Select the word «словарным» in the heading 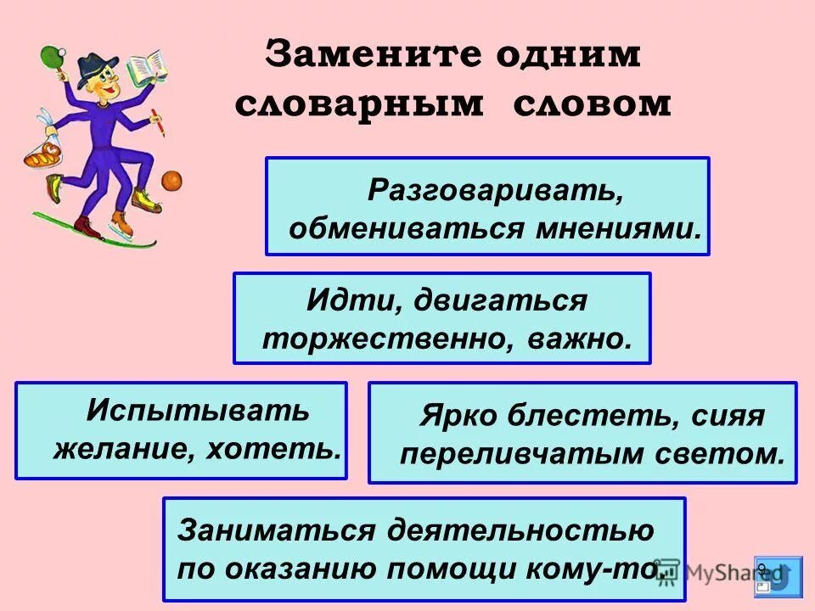363,104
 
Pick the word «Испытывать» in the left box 199,410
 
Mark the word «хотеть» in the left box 293,448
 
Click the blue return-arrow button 777,575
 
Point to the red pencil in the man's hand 158,122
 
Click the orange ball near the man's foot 172,181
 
